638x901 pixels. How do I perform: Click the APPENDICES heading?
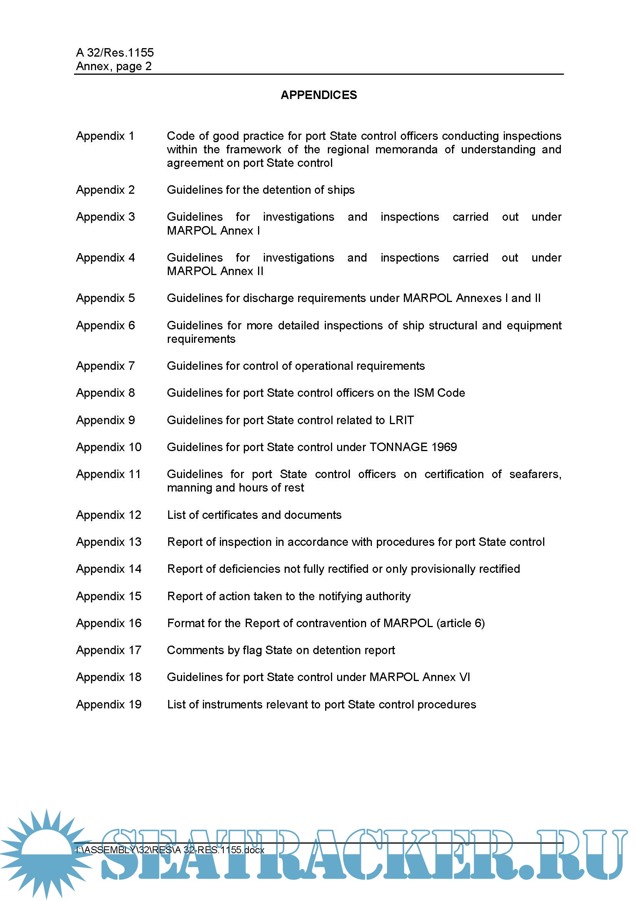click(x=319, y=95)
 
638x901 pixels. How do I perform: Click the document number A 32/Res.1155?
click(x=115, y=53)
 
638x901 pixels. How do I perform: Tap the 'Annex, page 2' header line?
click(x=113, y=66)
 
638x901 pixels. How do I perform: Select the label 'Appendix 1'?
click(x=105, y=136)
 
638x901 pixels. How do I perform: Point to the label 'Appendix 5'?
click(x=105, y=298)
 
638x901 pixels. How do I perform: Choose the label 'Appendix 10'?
click(x=108, y=447)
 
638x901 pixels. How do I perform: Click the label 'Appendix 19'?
click(x=108, y=705)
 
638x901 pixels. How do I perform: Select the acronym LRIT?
click(x=401, y=420)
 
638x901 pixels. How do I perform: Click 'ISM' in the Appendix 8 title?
click(x=424, y=393)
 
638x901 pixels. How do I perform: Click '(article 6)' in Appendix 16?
click(x=461, y=623)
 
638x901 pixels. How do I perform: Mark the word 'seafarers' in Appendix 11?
click(x=534, y=474)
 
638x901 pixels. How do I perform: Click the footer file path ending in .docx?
click(x=170, y=850)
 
